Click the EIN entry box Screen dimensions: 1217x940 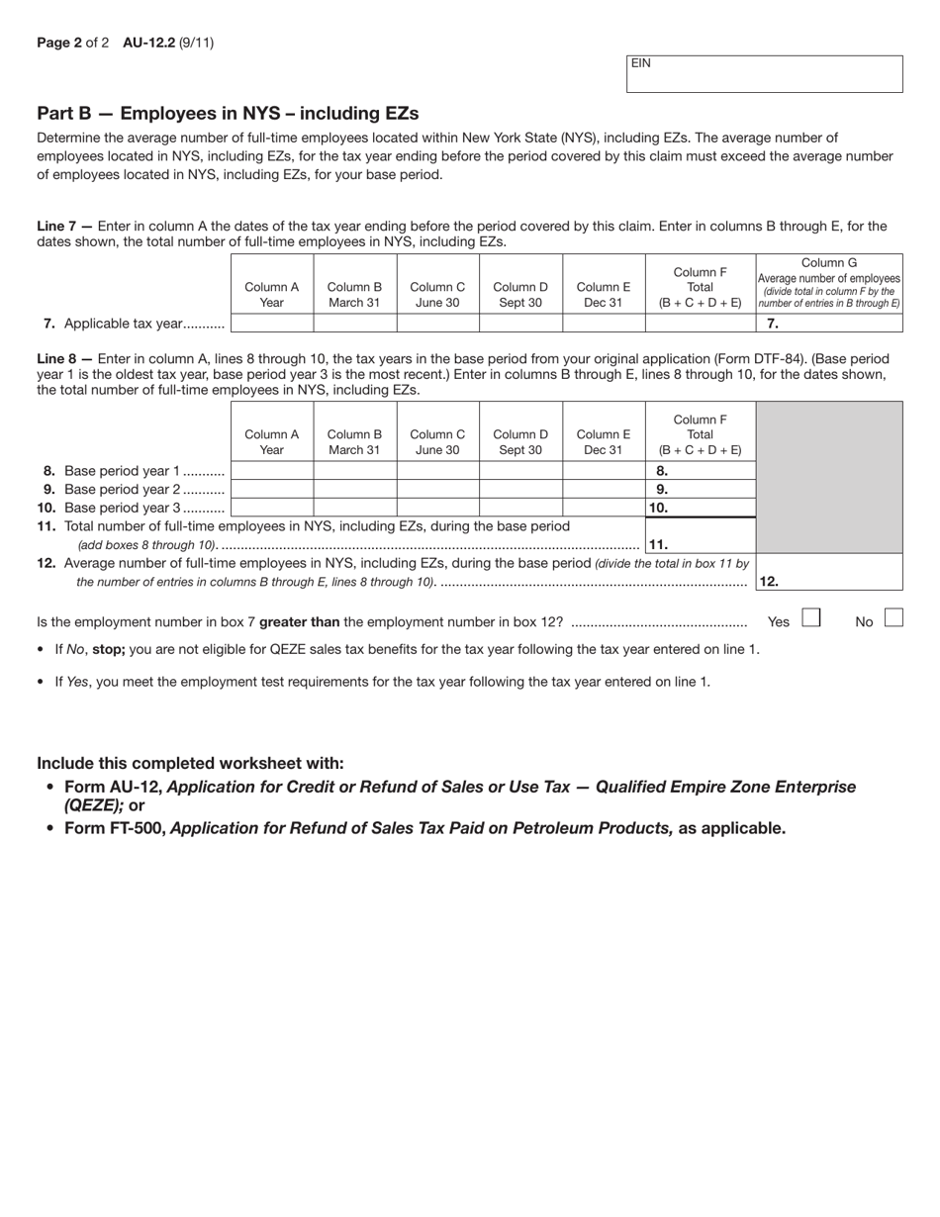[x=764, y=74]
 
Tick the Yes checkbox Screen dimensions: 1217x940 [x=810, y=618]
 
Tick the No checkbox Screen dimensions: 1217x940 [x=893, y=618]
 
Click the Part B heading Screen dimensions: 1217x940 [x=228, y=113]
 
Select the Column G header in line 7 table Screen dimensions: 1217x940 [x=829, y=283]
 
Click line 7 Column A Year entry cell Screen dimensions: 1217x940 [x=272, y=323]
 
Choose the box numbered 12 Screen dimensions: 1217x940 [x=829, y=581]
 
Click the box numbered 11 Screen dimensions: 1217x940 [x=700, y=543]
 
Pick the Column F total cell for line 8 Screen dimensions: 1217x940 [x=700, y=471]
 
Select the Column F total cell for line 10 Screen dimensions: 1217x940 [x=700, y=508]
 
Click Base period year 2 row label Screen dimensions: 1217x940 [x=131, y=489]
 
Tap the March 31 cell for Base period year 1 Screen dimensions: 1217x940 [x=354, y=471]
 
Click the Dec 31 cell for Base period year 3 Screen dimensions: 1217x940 [x=604, y=508]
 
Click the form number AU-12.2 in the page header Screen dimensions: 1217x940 [x=148, y=43]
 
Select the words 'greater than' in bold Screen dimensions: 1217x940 [x=299, y=621]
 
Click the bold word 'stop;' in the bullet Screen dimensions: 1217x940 [x=109, y=649]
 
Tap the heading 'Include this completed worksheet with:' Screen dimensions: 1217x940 [x=190, y=763]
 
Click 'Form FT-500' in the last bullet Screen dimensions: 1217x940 [x=115, y=828]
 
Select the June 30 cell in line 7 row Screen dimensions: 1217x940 [x=437, y=323]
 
